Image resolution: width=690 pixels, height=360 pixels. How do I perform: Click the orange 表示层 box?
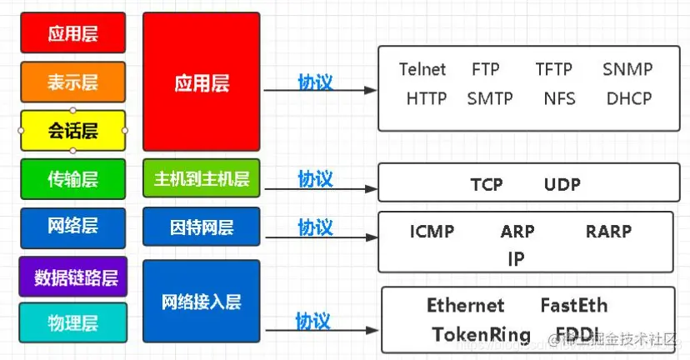coord(73,82)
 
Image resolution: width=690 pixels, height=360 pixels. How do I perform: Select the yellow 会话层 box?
coord(73,131)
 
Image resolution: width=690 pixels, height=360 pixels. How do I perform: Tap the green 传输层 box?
coord(73,178)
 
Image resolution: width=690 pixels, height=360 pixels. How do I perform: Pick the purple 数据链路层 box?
coord(73,277)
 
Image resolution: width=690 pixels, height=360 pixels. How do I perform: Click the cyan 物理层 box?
coord(73,322)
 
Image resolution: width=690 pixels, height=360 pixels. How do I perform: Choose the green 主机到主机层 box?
coord(202,178)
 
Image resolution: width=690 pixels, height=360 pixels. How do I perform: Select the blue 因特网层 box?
coord(202,227)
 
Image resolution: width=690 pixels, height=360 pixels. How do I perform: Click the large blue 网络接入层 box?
coord(202,301)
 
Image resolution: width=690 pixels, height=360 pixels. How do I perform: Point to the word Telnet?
coord(422,69)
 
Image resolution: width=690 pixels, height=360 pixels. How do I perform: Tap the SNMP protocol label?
coord(627,69)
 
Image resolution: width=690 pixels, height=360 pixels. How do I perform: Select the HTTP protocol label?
coord(427,98)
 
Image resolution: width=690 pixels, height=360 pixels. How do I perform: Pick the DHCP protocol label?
coord(629,98)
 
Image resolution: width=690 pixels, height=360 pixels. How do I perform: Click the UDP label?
coord(562,184)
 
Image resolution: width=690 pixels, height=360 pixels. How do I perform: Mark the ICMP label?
coord(432,232)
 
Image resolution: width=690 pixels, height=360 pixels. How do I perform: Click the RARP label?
coord(608,232)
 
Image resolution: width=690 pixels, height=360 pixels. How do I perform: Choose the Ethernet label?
coord(466,306)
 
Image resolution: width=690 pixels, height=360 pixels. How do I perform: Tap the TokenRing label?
coord(481,335)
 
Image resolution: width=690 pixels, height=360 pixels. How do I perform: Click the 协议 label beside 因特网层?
coord(315,227)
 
